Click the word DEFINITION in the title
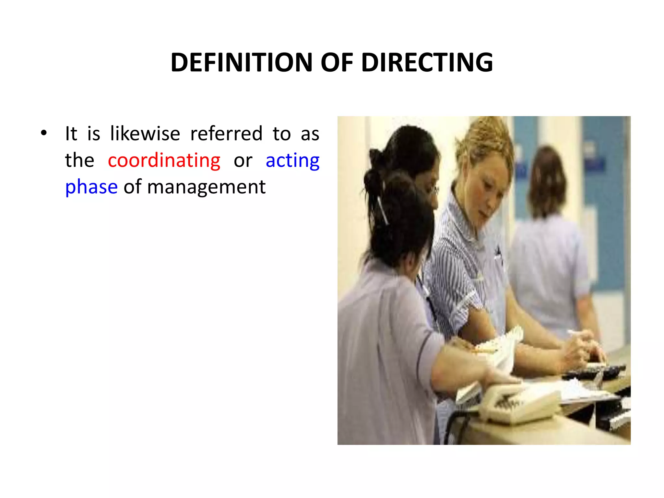pos(241,62)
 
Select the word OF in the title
pos(337,62)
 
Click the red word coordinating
pos(164,160)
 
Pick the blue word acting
pos(292,160)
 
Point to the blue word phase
pos(91,187)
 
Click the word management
pos(206,187)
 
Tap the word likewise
pos(145,134)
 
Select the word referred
pos(226,134)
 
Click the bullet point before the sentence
pos(44,133)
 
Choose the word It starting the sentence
pos(71,134)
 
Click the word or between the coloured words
pos(243,160)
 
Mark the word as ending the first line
pos(310,134)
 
